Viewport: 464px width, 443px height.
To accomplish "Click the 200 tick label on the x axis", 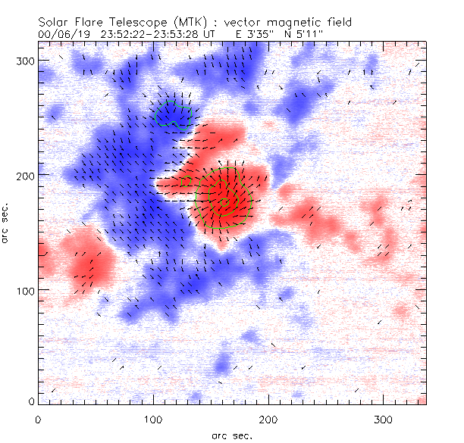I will coord(268,419).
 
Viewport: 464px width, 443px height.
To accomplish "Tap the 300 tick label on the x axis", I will coord(383,419).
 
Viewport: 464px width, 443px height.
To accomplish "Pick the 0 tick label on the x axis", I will coord(37,419).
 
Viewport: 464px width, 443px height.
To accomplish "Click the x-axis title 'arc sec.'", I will coord(231,435).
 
